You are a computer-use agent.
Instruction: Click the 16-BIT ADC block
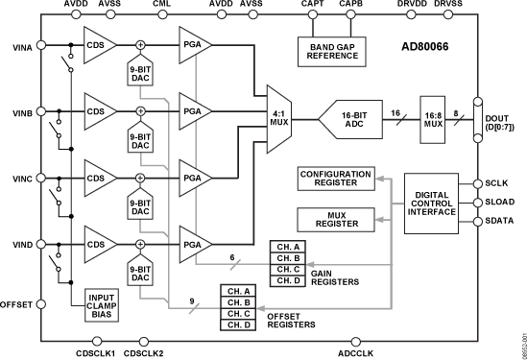365,120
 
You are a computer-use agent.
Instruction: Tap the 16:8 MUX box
434,120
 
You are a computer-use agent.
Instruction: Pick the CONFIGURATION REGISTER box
336,179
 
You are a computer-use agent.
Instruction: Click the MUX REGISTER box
336,218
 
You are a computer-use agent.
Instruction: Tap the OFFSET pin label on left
16,305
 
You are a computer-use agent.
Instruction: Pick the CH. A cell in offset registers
240,291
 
